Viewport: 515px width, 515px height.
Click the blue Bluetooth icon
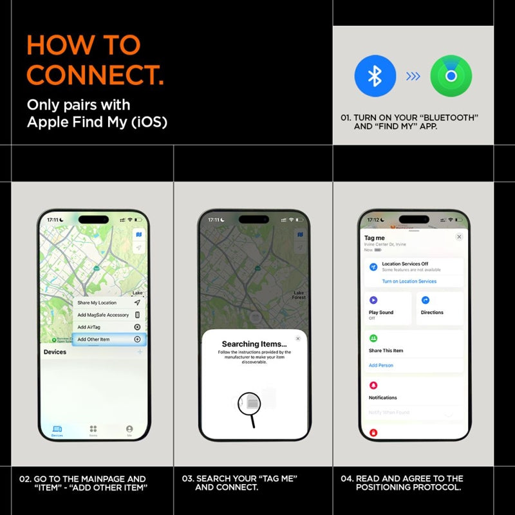click(x=375, y=76)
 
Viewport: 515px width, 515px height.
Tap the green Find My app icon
click(x=451, y=76)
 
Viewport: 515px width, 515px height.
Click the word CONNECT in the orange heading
click(x=95, y=75)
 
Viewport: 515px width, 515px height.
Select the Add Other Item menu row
click(x=109, y=339)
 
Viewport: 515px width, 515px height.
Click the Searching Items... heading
click(x=254, y=344)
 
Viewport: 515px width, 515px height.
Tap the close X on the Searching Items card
click(x=297, y=338)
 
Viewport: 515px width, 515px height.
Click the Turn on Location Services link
click(x=409, y=281)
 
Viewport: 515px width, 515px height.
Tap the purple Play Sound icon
click(x=373, y=300)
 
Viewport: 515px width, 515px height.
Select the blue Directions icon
click(x=426, y=300)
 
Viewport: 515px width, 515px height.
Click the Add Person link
click(x=380, y=365)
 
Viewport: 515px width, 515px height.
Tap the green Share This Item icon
click(x=373, y=338)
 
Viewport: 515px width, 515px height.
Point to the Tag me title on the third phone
click(x=374, y=238)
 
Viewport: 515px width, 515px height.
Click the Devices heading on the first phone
click(x=55, y=352)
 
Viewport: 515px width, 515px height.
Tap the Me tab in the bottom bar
click(x=129, y=430)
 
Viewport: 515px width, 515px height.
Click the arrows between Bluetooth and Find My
click(x=413, y=77)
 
